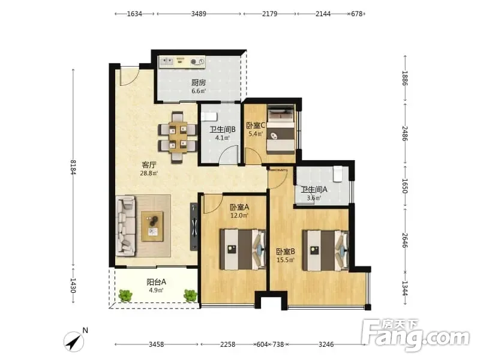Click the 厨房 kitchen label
point(199,82)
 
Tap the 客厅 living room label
point(149,165)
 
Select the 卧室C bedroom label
point(256,125)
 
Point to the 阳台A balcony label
point(156,281)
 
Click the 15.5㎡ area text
point(286,260)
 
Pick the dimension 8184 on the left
point(73,167)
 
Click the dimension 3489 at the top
point(199,14)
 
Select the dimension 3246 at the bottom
point(326,344)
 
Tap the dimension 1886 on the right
point(405,78)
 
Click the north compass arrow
point(74,341)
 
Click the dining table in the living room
point(178,137)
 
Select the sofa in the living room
point(126,226)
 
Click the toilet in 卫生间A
point(338,173)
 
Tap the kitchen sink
point(167,62)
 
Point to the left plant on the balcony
point(125,295)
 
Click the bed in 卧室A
point(243,250)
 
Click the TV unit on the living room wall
point(193,227)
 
